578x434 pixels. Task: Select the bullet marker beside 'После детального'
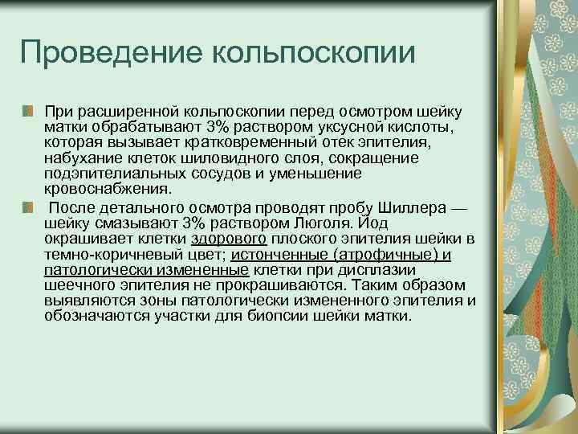28,209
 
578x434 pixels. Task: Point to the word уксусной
348,129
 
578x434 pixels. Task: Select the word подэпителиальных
105,174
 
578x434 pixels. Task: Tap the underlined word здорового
229,240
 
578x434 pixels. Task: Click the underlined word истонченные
278,255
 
